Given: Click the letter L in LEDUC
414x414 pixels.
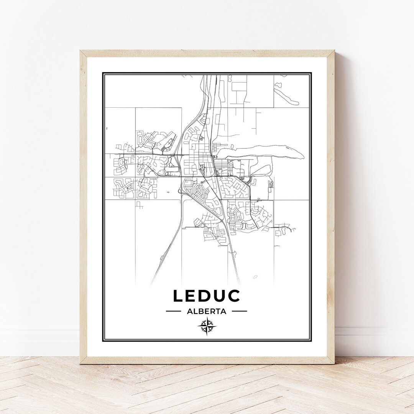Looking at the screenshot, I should pos(178,296).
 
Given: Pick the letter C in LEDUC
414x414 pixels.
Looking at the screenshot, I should pos(233,296).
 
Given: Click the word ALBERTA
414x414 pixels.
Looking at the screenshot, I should pos(207,311).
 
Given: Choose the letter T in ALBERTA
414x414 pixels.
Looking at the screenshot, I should pos(217,311).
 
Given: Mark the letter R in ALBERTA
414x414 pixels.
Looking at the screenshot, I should pos(211,311).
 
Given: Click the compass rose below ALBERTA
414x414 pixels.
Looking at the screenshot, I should pos(207,327).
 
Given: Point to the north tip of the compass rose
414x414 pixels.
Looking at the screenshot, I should pos(207,318).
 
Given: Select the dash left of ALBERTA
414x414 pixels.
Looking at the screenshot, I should pos(173,311).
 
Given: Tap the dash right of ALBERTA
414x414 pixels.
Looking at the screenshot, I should pos(240,311).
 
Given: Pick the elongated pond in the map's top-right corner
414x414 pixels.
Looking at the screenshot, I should pos(286,94).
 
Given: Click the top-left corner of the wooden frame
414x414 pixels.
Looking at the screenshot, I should pos(80,51).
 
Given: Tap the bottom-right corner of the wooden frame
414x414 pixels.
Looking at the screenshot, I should pos(334,363).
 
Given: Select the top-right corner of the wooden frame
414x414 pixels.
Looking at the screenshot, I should pos(334,51).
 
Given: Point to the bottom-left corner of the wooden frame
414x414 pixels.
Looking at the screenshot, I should pos(80,363).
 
